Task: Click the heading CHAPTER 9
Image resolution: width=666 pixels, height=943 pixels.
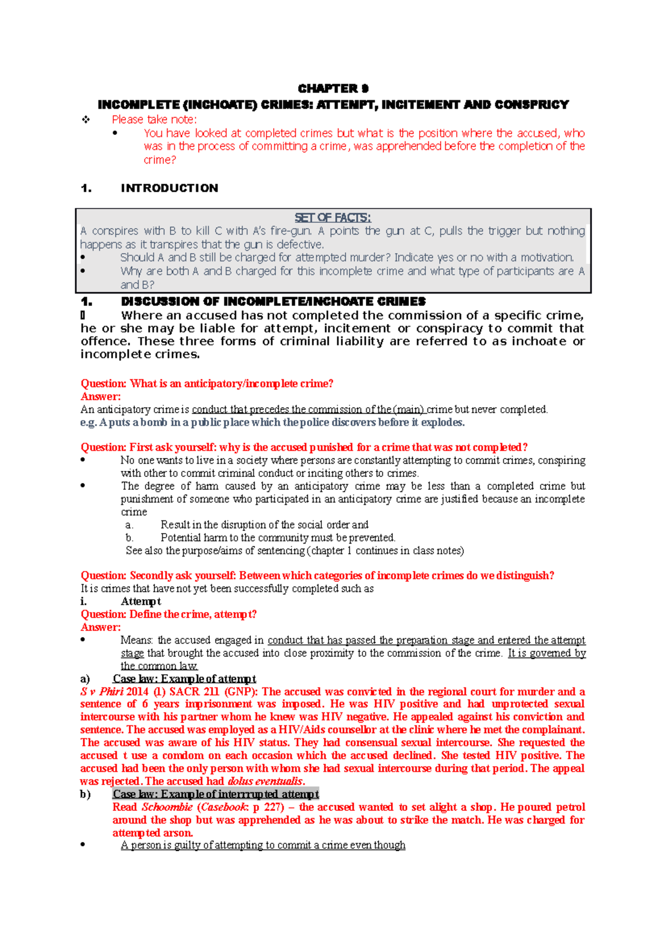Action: click(x=333, y=89)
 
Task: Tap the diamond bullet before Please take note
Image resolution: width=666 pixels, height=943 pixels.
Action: click(x=85, y=119)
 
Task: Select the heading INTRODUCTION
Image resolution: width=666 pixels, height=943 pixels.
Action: click(x=169, y=188)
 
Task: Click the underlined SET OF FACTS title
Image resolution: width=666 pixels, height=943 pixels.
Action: click(x=333, y=218)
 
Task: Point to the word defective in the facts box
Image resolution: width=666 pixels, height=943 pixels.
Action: click(x=302, y=244)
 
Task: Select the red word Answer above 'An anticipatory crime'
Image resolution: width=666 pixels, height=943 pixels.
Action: click(x=100, y=397)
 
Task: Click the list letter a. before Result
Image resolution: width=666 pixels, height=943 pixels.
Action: click(x=129, y=525)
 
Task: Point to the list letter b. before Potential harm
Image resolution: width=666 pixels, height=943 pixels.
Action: click(x=129, y=538)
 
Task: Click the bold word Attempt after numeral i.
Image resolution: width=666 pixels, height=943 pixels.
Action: click(x=141, y=601)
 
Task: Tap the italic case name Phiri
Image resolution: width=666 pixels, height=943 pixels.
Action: click(x=112, y=692)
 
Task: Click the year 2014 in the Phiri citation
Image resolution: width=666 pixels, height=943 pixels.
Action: click(x=138, y=692)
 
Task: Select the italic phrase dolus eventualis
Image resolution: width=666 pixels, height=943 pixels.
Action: click(x=265, y=781)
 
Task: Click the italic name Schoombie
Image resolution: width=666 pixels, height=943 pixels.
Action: click(x=167, y=807)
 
